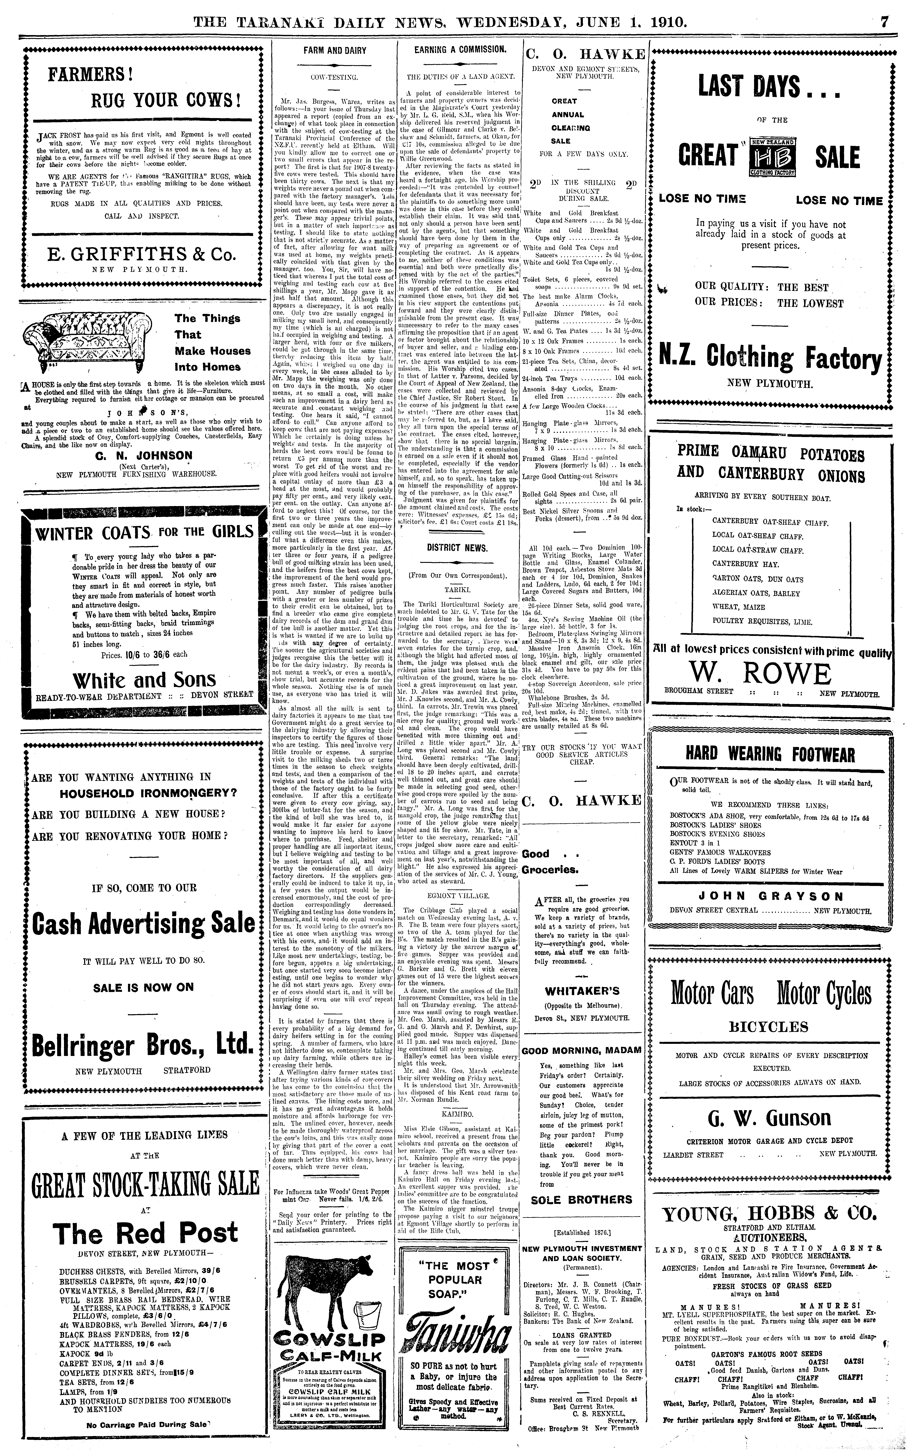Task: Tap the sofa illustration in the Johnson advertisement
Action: click(83, 343)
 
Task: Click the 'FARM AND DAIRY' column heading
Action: click(334, 51)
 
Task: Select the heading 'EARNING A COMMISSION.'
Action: click(459, 49)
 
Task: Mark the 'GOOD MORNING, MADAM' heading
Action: click(581, 1050)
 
